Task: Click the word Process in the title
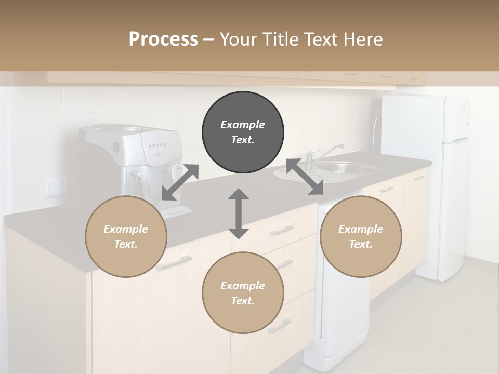click(x=163, y=39)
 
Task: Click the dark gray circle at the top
click(x=243, y=132)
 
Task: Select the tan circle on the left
click(x=126, y=236)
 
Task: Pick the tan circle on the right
click(x=361, y=236)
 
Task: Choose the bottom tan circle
click(x=243, y=292)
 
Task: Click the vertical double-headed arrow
click(x=239, y=213)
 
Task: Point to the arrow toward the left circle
click(x=180, y=182)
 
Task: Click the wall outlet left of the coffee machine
click(x=54, y=188)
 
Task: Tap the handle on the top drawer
click(x=281, y=230)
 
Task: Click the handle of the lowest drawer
click(x=279, y=326)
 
